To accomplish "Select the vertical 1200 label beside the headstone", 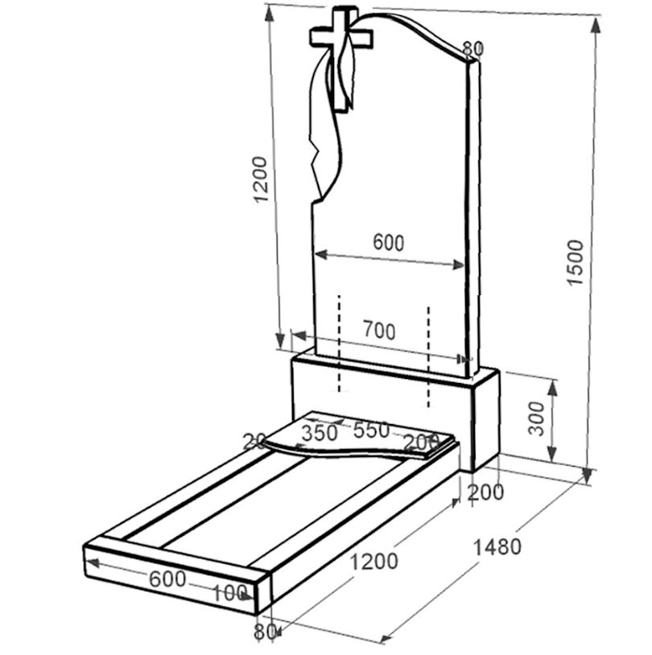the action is (260, 179).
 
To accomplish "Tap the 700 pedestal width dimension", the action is (379, 330).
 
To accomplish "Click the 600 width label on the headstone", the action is (388, 242).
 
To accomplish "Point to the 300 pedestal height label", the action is (537, 418).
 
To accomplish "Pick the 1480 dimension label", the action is (497, 547).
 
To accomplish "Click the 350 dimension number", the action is (320, 433).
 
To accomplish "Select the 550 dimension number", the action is (371, 430).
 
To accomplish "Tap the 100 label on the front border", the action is (229, 593).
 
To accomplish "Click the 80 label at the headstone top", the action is (472, 49).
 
